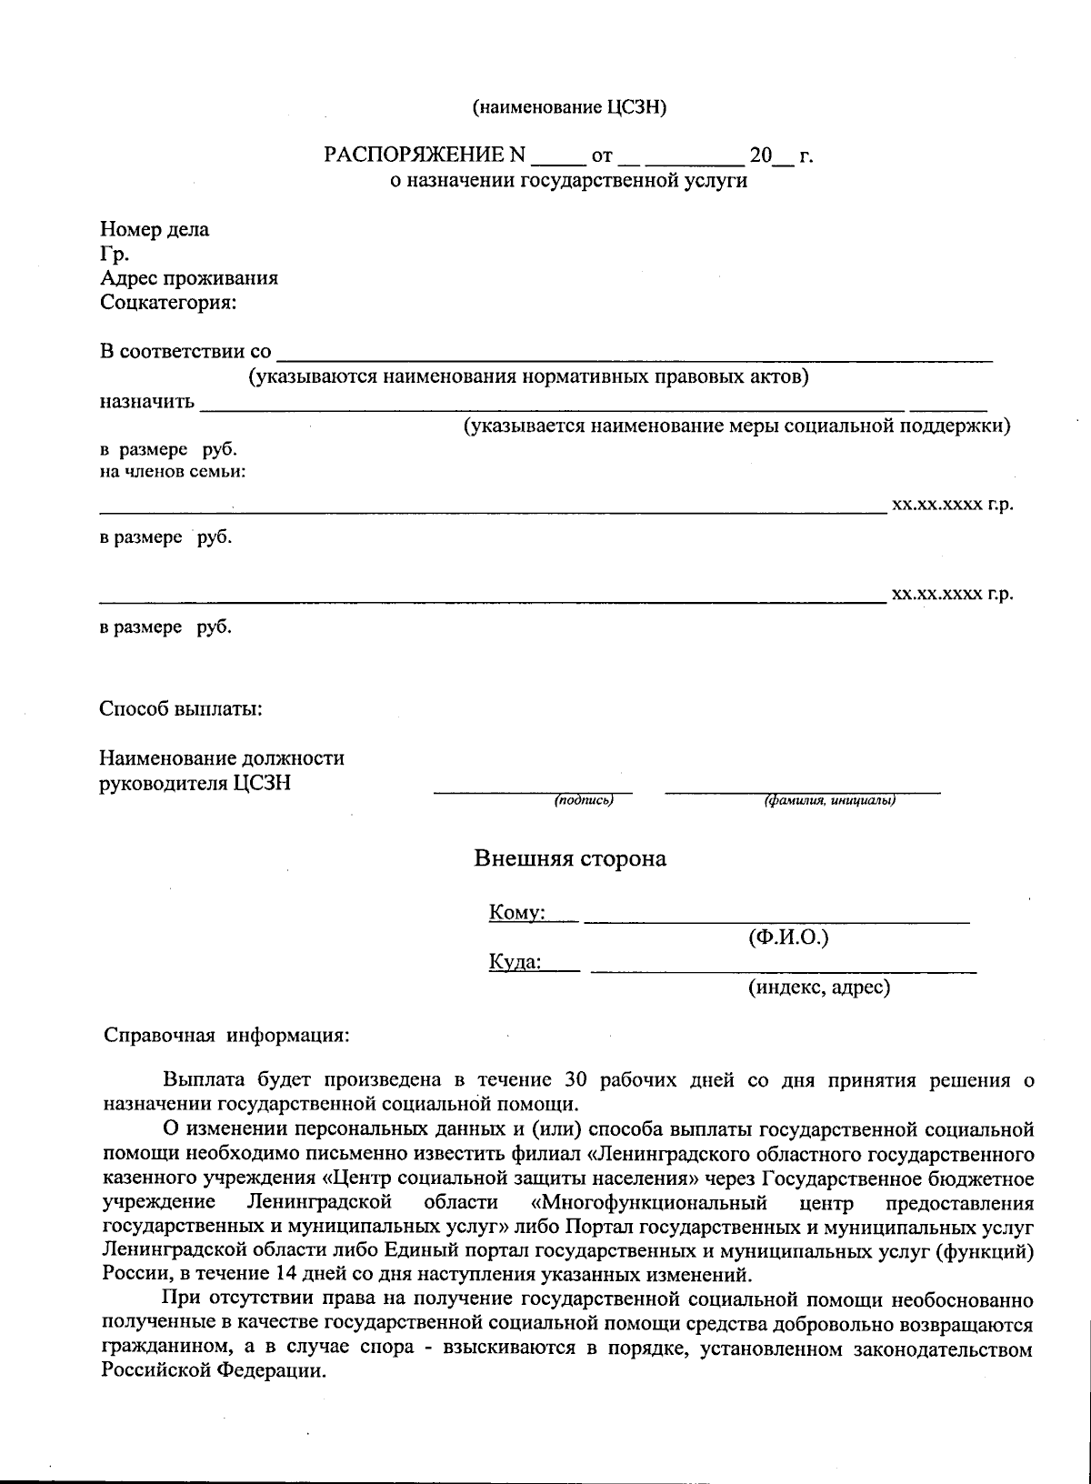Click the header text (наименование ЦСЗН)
[569, 107]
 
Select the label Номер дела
[155, 229]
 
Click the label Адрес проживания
[189, 278]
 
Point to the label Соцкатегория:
[168, 303]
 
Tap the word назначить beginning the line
[146, 401]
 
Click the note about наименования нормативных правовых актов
[529, 376]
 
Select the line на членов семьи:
[173, 471]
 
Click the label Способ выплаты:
[181, 708]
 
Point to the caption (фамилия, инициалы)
[830, 801]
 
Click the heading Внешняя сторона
[570, 858]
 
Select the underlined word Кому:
[516, 912]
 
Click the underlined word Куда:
[515, 962]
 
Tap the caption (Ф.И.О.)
[787, 938]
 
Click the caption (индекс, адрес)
[818, 987]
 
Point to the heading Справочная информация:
[226, 1035]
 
